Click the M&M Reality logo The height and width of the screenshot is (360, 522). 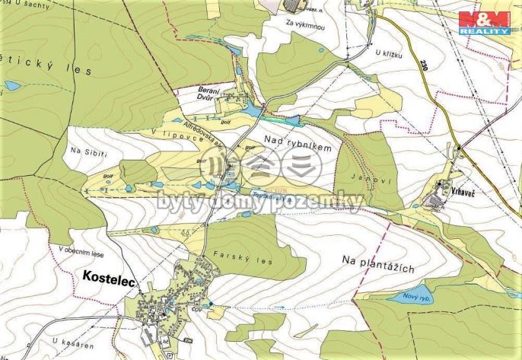point(484,23)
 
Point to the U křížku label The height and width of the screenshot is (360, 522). point(388,53)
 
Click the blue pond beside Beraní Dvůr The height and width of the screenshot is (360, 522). point(248,112)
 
